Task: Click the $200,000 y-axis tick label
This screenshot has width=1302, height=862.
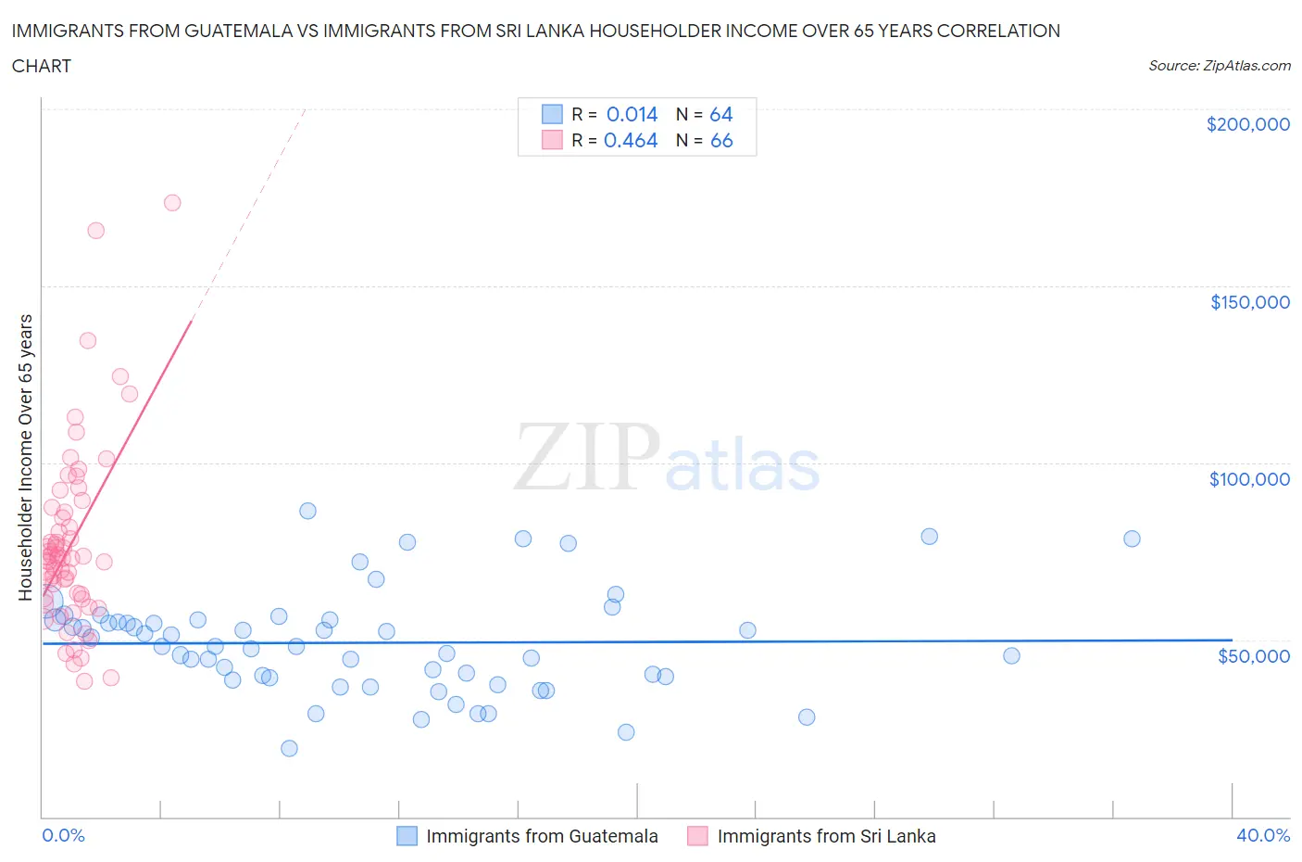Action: (x=1247, y=124)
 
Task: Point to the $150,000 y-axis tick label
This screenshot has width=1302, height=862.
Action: (x=1249, y=302)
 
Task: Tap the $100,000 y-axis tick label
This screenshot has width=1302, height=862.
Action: (x=1248, y=479)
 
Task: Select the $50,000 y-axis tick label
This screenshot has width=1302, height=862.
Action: (x=1253, y=656)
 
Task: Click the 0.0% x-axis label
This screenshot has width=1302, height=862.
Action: (x=63, y=835)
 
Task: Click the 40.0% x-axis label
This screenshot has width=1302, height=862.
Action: (x=1263, y=835)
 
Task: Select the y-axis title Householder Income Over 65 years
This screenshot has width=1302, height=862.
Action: (x=26, y=457)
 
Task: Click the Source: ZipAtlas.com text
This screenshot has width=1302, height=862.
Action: (x=1219, y=66)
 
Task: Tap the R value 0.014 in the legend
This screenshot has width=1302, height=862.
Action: (x=632, y=114)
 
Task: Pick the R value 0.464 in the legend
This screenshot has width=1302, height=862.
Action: (x=631, y=140)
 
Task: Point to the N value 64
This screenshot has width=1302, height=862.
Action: (x=720, y=114)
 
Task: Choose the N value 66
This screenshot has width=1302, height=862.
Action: (x=720, y=140)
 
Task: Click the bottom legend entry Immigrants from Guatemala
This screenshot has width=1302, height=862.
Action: (x=541, y=836)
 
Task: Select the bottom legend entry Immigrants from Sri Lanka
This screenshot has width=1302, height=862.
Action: (x=825, y=836)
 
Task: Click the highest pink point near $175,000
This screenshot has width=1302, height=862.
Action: (x=172, y=203)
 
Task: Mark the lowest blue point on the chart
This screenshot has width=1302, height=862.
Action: (x=289, y=748)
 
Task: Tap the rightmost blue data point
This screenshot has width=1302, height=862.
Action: (x=1132, y=539)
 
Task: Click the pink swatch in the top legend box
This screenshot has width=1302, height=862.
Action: (x=552, y=140)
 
